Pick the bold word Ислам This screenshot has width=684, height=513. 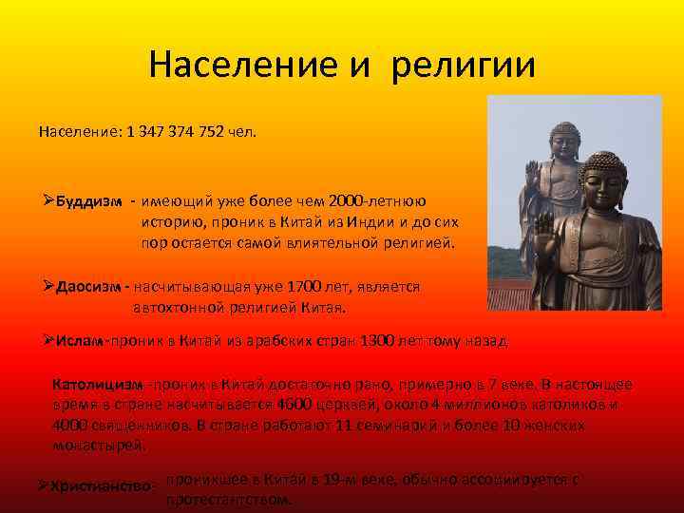(x=79, y=340)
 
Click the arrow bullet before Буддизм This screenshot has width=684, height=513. (x=48, y=201)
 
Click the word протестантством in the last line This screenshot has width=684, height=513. (x=229, y=500)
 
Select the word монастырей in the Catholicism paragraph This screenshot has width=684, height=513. (x=100, y=444)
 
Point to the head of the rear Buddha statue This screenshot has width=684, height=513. (x=564, y=141)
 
